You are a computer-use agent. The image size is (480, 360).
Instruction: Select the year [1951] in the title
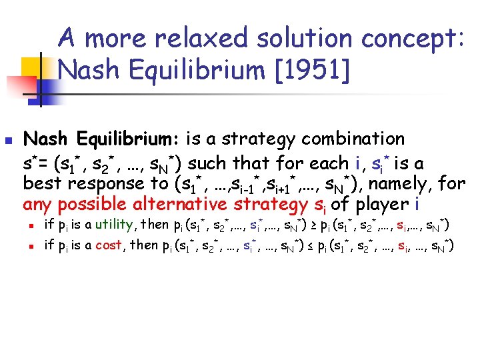[x=317, y=70]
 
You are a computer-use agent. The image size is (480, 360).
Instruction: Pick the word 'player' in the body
[x=379, y=204]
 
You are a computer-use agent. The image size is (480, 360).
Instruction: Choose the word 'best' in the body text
[x=40, y=184]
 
